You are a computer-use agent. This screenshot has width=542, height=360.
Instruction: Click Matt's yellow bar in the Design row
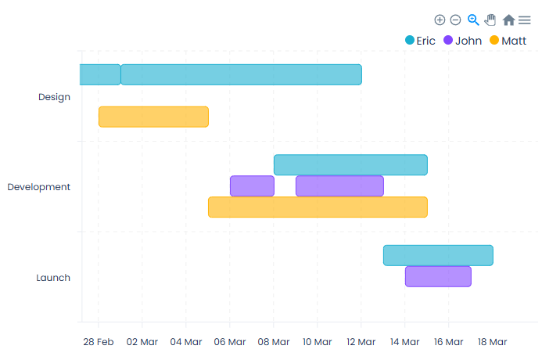153,117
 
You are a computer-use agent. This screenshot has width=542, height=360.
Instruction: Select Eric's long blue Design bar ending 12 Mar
241,74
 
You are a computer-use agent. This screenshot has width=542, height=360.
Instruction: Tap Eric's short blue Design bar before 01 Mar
99,74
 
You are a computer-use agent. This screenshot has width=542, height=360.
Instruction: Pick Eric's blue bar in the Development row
350,165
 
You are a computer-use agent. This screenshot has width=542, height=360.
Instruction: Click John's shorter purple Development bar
252,186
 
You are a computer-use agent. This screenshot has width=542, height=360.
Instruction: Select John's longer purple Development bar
339,186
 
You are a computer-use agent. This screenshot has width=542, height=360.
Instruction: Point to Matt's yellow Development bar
318,207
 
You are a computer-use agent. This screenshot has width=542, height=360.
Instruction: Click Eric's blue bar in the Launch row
438,256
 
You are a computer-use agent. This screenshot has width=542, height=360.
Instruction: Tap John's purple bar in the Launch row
438,277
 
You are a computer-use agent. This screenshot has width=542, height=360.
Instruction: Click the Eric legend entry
420,41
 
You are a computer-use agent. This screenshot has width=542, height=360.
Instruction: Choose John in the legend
462,41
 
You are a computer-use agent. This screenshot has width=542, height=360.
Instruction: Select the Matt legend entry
508,41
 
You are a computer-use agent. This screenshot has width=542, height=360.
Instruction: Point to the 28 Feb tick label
99,342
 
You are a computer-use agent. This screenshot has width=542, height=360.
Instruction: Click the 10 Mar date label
318,342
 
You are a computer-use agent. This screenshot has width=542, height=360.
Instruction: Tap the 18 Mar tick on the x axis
493,342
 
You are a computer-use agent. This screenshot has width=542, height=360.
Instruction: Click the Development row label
39,187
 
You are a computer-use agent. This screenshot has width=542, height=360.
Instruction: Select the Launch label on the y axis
53,278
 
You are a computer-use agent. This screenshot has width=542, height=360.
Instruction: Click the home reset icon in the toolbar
508,20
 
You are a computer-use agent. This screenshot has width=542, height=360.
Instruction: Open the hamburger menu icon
524,20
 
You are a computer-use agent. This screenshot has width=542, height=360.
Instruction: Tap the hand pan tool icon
490,20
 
